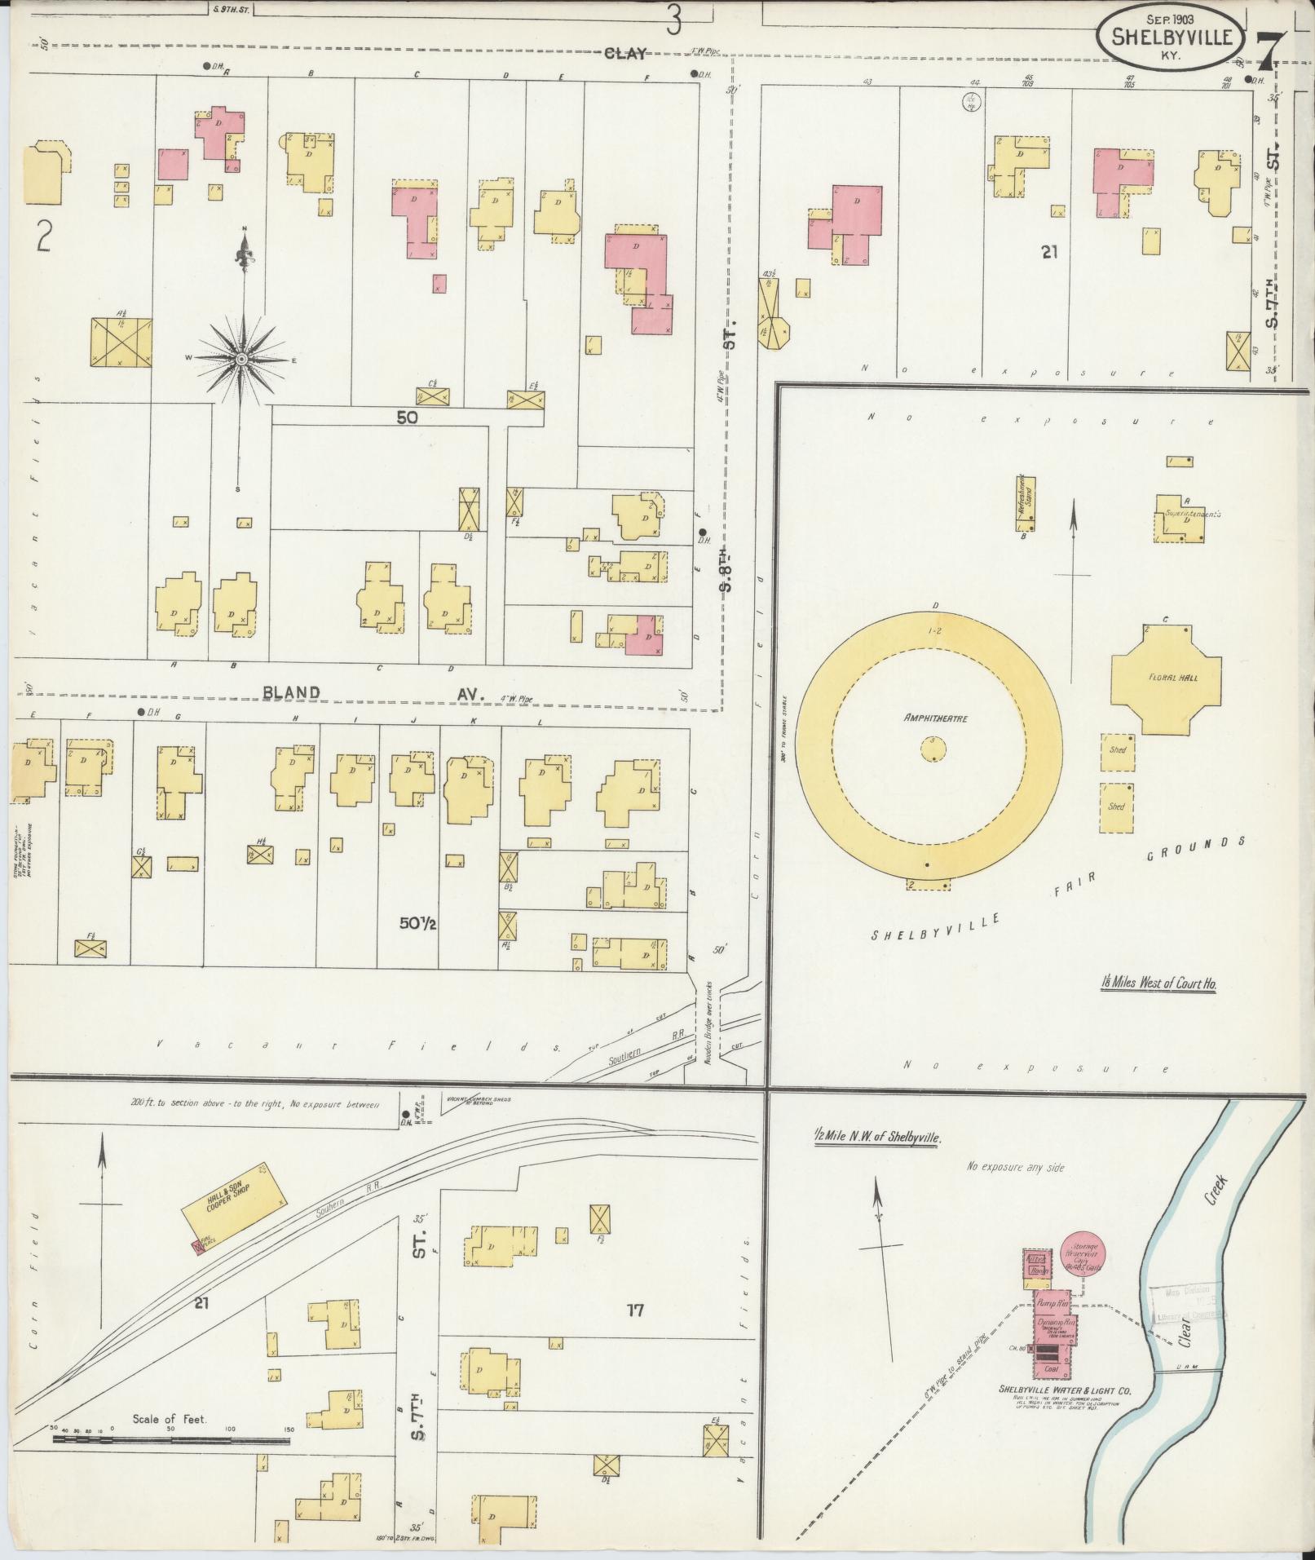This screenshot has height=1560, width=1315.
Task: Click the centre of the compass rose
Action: point(242,359)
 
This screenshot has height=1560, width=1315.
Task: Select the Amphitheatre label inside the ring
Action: point(929,718)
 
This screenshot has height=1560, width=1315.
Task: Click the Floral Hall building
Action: point(1167,678)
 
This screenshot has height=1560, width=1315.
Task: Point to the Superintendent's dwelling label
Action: point(1191,514)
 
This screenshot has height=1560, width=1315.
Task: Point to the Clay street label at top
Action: point(624,54)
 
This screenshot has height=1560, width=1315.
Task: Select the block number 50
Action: point(407,418)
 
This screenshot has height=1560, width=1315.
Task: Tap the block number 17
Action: point(635,1310)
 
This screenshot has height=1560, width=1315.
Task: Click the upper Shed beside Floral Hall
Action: point(1117,749)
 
